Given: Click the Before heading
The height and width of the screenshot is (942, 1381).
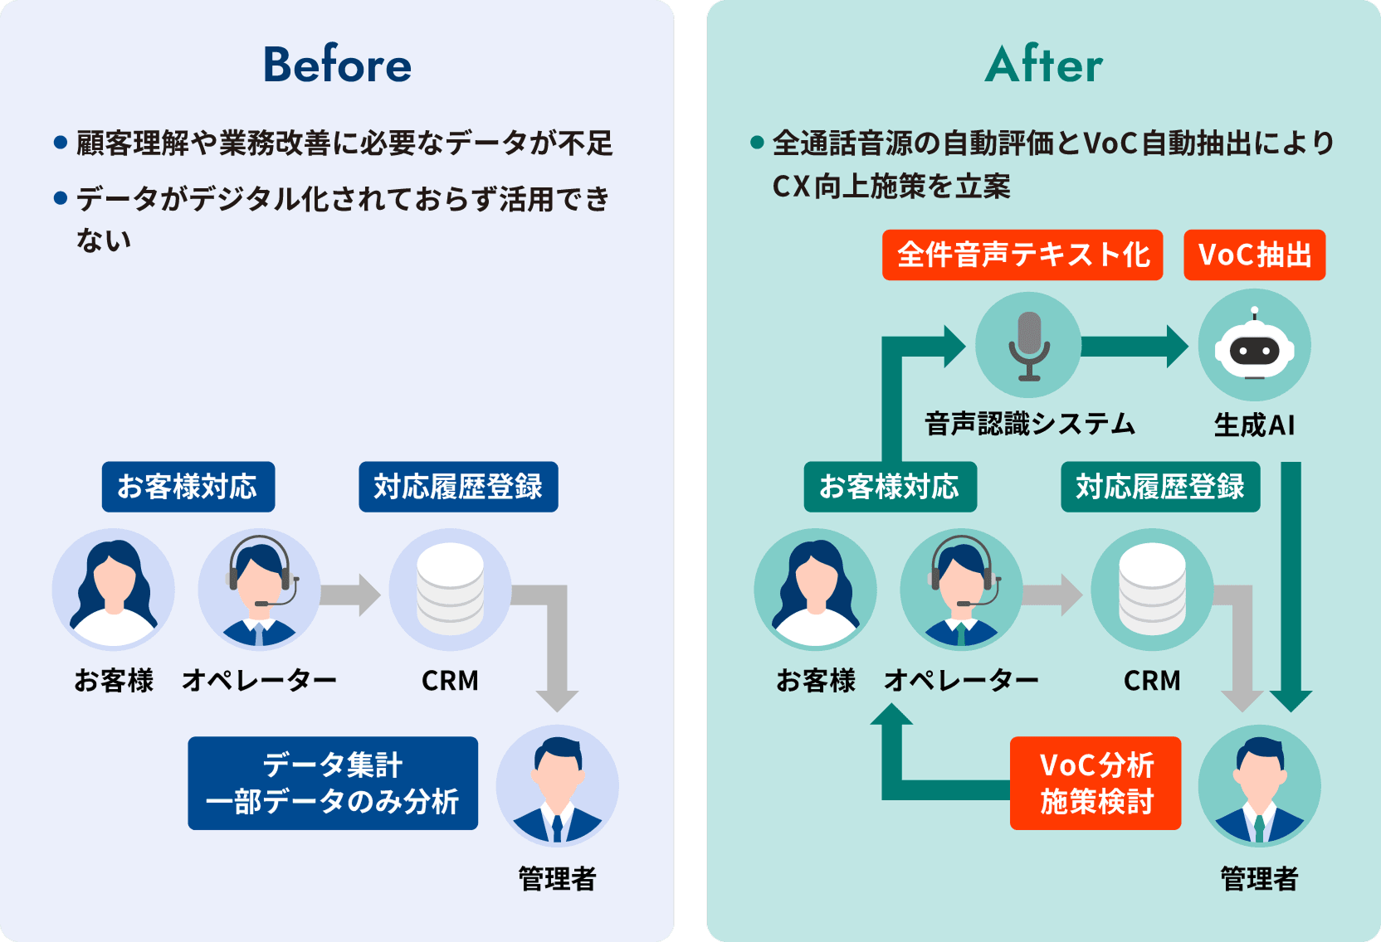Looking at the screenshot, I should [337, 65].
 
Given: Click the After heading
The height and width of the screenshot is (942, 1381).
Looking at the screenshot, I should [1044, 65].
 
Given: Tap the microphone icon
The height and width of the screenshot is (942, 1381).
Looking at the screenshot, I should [1029, 345].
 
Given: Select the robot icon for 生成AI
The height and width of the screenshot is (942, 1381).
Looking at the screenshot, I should [1254, 345].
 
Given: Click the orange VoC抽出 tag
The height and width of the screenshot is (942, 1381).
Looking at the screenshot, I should [1254, 255].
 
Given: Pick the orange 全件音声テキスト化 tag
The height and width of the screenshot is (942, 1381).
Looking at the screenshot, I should [1022, 255].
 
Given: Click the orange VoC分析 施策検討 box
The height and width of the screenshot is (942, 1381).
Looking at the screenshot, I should [1096, 783].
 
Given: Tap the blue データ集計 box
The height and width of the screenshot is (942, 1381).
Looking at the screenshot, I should [333, 783].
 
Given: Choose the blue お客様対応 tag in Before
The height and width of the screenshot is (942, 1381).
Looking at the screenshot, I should [188, 487].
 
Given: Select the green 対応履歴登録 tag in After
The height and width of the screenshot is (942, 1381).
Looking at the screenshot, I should [1160, 487].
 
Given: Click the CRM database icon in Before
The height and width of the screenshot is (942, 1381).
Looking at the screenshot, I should [450, 589].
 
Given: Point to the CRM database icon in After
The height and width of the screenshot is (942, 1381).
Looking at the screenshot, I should [1152, 589].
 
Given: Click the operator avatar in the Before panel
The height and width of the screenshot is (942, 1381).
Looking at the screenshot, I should [259, 589].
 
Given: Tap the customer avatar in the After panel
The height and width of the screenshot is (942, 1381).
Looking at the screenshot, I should [815, 589].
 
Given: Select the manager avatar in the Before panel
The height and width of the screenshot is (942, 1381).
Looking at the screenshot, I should [557, 785].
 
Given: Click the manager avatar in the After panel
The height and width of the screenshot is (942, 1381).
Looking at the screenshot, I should [1259, 785].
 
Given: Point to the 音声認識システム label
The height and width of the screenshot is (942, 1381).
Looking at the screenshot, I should [1029, 425].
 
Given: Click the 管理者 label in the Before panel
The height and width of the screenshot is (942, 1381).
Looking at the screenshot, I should [557, 879].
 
